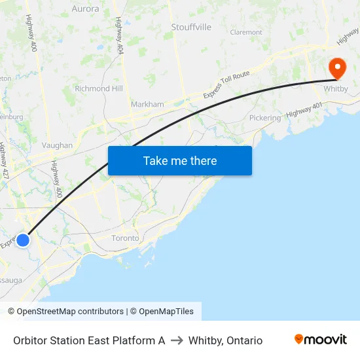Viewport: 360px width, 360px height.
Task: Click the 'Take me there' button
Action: [x=180, y=160]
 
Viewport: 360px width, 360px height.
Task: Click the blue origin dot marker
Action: [x=23, y=240]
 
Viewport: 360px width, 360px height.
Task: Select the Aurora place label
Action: [x=85, y=9]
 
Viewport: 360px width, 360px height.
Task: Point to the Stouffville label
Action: [x=191, y=27]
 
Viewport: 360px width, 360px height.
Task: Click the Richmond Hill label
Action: [x=99, y=88]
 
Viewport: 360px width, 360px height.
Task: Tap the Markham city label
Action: [x=147, y=104]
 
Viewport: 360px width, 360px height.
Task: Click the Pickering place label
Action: [x=265, y=118]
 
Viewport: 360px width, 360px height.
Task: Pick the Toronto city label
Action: [x=125, y=238]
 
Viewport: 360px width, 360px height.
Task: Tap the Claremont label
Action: [x=246, y=32]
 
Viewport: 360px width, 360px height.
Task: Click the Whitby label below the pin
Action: [x=336, y=88]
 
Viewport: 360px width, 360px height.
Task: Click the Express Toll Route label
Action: [x=226, y=85]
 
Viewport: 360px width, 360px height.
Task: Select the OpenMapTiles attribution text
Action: [x=162, y=312]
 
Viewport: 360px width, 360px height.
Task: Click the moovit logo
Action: [x=320, y=340]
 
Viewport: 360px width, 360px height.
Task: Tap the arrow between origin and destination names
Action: [x=177, y=340]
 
